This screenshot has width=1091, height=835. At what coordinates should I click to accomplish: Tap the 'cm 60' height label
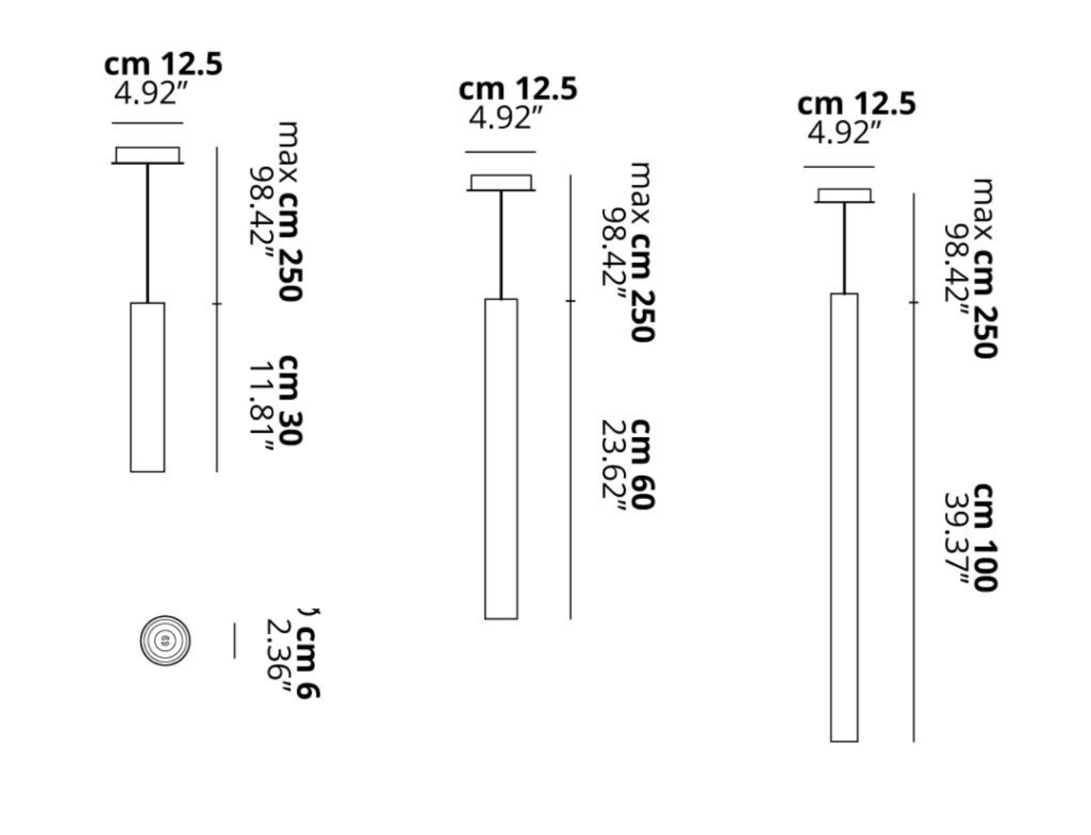(x=642, y=464)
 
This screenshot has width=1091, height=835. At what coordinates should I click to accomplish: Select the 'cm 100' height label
(x=985, y=537)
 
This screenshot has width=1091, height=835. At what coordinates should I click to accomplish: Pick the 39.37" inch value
(x=957, y=538)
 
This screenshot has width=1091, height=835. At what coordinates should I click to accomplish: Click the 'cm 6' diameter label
(x=308, y=661)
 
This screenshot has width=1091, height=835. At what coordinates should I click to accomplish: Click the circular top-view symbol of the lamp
(x=165, y=641)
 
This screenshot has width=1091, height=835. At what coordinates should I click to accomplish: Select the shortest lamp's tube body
(x=148, y=387)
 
